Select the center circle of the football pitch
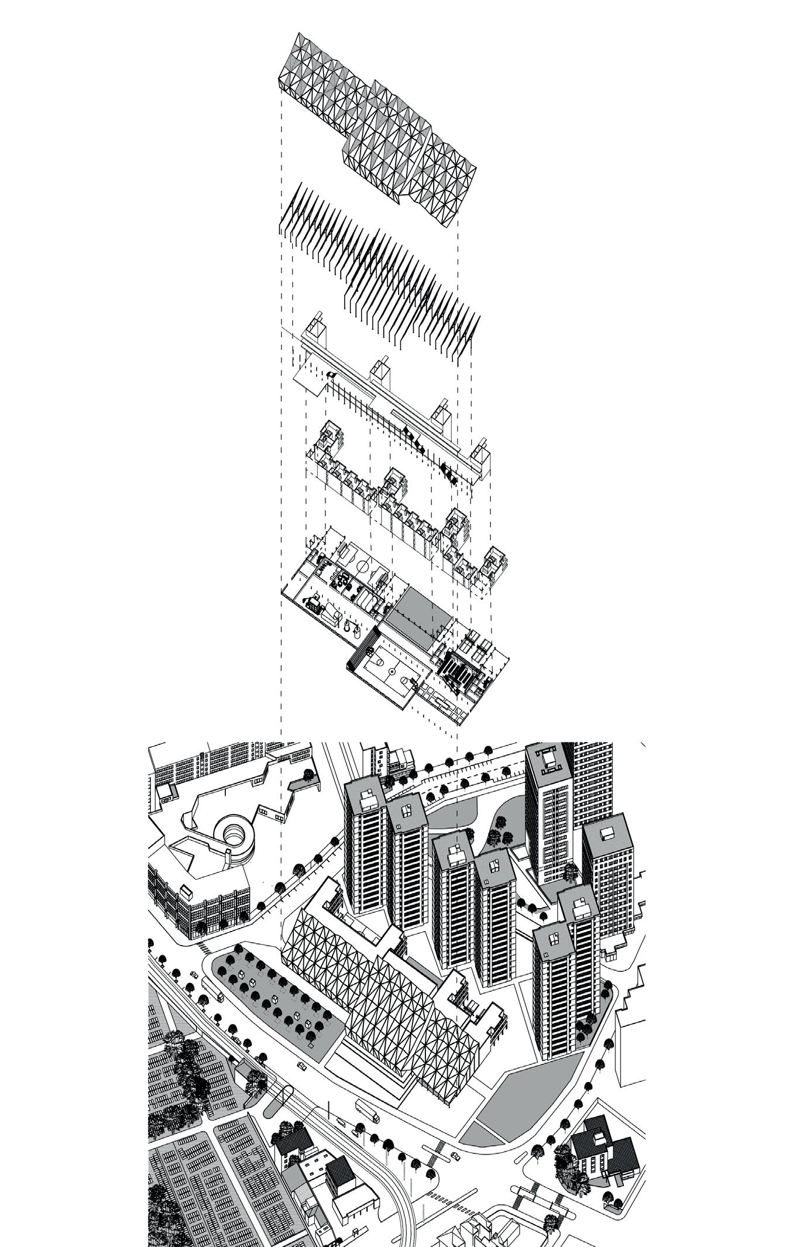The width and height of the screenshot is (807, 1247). [363, 566]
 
